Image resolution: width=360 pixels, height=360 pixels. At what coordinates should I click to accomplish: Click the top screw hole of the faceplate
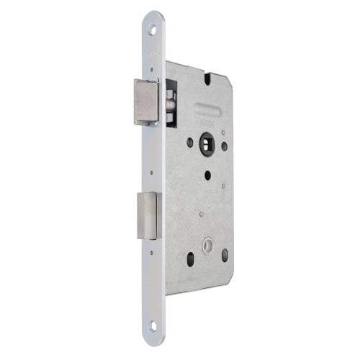(153, 30)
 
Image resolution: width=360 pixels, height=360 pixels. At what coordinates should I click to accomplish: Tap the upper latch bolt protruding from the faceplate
(148, 102)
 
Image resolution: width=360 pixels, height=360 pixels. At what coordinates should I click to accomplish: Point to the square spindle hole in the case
(205, 142)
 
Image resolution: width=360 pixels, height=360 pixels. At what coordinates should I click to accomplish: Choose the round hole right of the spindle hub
(225, 146)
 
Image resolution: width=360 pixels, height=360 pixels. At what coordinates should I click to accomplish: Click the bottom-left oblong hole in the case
(191, 259)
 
